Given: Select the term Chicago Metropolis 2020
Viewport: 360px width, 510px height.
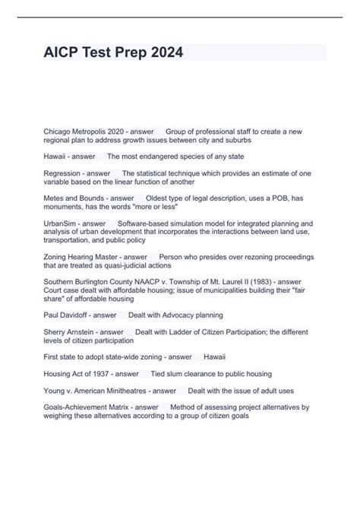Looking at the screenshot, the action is tap(82, 131).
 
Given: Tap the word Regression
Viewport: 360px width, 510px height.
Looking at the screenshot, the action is tap(63, 173).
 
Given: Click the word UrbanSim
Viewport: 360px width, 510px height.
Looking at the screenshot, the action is tap(60, 223).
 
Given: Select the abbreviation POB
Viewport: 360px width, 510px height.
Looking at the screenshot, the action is tap(275, 198).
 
